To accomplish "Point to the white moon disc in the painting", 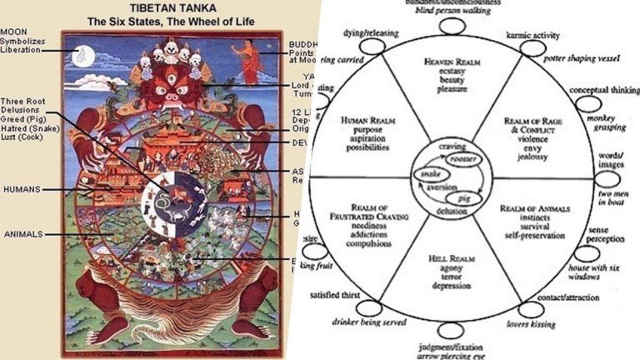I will [80, 56].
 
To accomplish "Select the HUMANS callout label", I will [21, 190].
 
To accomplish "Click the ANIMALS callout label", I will [22, 234].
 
